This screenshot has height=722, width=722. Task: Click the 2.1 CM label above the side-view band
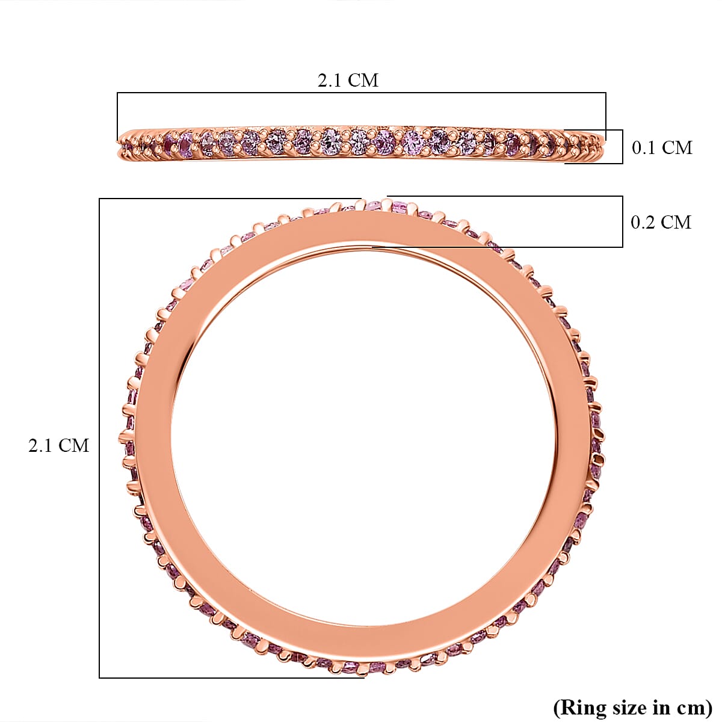348,80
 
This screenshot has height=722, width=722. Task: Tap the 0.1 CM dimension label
662,147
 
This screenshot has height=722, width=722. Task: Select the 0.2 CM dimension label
661,222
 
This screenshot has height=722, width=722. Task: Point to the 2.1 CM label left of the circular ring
58,445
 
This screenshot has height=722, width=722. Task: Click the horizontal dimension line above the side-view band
361,93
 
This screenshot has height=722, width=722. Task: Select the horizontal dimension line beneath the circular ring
232,678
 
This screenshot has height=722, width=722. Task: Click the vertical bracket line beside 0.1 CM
623,146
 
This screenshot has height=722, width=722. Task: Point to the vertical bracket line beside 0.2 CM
623,221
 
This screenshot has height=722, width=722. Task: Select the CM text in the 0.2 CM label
675,222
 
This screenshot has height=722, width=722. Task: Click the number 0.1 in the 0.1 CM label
643,147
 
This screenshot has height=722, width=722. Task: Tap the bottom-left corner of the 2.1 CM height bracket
99,678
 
